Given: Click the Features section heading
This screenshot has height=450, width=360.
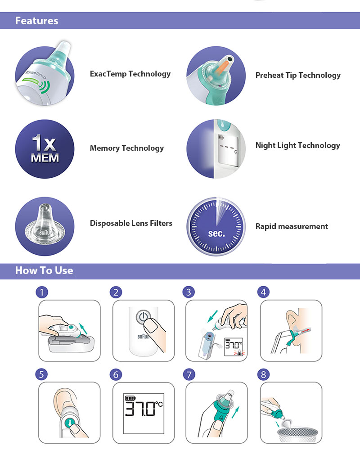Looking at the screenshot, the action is (36, 21).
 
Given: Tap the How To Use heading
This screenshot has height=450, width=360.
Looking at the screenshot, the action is (44, 270).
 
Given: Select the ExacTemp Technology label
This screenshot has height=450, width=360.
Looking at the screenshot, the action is (130, 74).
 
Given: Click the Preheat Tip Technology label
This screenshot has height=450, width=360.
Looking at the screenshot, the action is (298, 75).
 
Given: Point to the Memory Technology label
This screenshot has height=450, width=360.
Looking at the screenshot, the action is (126, 148).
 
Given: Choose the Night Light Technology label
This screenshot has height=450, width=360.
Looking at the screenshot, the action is (298, 145).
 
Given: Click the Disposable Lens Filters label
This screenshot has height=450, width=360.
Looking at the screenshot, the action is (131, 223).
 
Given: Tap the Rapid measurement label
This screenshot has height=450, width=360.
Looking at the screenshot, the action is (292, 226).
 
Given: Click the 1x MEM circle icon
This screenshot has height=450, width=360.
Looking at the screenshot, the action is (45, 149).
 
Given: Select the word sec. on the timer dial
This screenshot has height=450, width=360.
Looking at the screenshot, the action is (216, 234).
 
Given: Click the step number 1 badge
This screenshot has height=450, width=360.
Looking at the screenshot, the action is (42, 292).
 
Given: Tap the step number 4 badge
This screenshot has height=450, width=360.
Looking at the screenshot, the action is (264, 292).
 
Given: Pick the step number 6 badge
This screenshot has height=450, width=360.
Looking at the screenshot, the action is (116, 374).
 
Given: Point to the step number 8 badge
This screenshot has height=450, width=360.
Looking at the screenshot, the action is (264, 374).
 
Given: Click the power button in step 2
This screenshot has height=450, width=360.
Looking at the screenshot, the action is (143, 316).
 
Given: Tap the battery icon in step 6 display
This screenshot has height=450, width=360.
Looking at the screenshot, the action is (130, 398).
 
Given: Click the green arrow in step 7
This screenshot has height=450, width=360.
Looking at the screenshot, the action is (235, 412).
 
